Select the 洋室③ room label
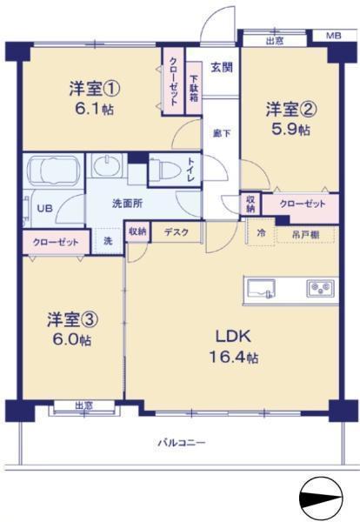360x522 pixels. pyautogui.click(x=72, y=318)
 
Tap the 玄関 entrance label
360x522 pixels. pyautogui.click(x=221, y=66)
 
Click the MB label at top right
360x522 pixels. pyautogui.click(x=333, y=36)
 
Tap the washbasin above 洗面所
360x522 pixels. pyautogui.click(x=109, y=167)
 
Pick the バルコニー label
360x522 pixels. pyautogui.click(x=181, y=443)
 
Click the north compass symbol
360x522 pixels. pyautogui.click(x=322, y=499)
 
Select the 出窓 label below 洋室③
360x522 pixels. pyautogui.click(x=83, y=405)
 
